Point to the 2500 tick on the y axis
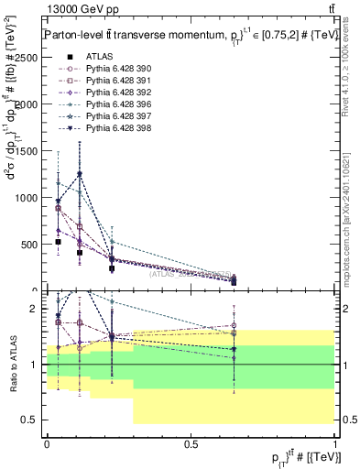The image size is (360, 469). (x=44, y=57)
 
